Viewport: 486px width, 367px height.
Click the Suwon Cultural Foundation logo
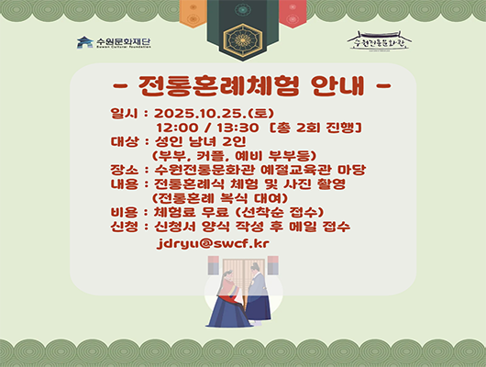116,42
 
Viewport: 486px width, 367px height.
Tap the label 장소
121,170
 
